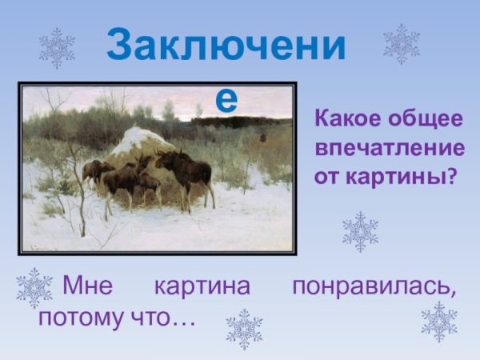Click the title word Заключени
tap(226, 47)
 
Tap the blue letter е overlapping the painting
tap(227, 98)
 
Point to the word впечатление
tap(390, 148)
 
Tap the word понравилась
tap(374, 286)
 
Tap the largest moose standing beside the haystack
tap(185, 172)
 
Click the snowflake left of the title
tap(57, 48)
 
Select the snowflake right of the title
tap(401, 44)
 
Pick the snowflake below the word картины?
tap(360, 232)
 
